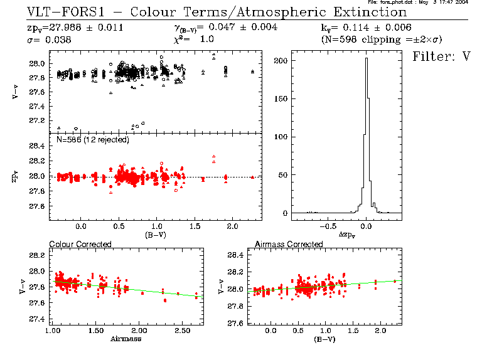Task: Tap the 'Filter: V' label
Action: (441, 56)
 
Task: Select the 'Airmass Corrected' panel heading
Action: (289, 244)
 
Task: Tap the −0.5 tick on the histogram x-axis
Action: (328, 223)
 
